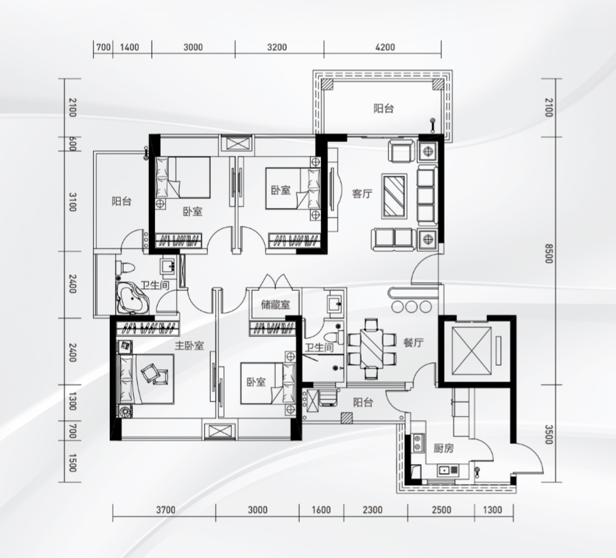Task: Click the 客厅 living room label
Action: pyautogui.click(x=362, y=194)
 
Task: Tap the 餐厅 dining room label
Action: pyautogui.click(x=413, y=342)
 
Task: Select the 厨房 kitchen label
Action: pyautogui.click(x=444, y=448)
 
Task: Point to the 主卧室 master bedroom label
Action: pyautogui.click(x=189, y=346)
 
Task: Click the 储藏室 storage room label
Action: pyautogui.click(x=275, y=305)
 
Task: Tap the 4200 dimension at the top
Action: pyautogui.click(x=385, y=47)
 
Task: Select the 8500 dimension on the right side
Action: pyautogui.click(x=549, y=253)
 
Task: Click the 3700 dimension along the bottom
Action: pyautogui.click(x=166, y=510)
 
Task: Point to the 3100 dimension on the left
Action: pyautogui.click(x=72, y=202)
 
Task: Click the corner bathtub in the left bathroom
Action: pyautogui.click(x=132, y=299)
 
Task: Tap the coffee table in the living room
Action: pyautogui.click(x=394, y=196)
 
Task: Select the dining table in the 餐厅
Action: pyautogui.click(x=371, y=348)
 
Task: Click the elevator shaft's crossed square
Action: pyautogui.click(x=471, y=351)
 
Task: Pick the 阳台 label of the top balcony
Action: pyautogui.click(x=383, y=108)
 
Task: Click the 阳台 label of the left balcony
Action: pyautogui.click(x=121, y=202)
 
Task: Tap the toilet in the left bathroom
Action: pyautogui.click(x=126, y=267)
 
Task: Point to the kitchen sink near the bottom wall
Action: pyautogui.click(x=447, y=469)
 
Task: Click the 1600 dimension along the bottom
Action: pyautogui.click(x=321, y=510)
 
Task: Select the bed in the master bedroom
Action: pyautogui.click(x=147, y=379)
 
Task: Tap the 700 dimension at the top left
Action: pyautogui.click(x=103, y=47)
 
